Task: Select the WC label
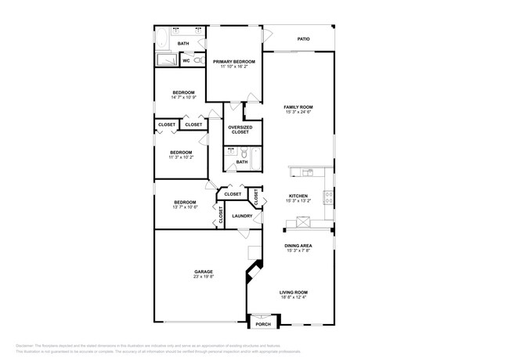coord(186,60)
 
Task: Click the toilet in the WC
coord(198,60)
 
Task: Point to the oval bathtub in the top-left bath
coord(161,40)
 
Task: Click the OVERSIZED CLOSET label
coord(240,129)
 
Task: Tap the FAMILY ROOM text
coord(298,106)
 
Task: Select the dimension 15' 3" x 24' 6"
coord(298,112)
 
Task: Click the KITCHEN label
coord(298,196)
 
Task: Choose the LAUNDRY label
coord(242,216)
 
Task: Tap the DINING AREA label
coord(298,245)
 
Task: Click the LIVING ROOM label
coord(294,292)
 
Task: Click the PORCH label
coord(263,324)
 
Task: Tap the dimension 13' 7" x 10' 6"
coord(185,207)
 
